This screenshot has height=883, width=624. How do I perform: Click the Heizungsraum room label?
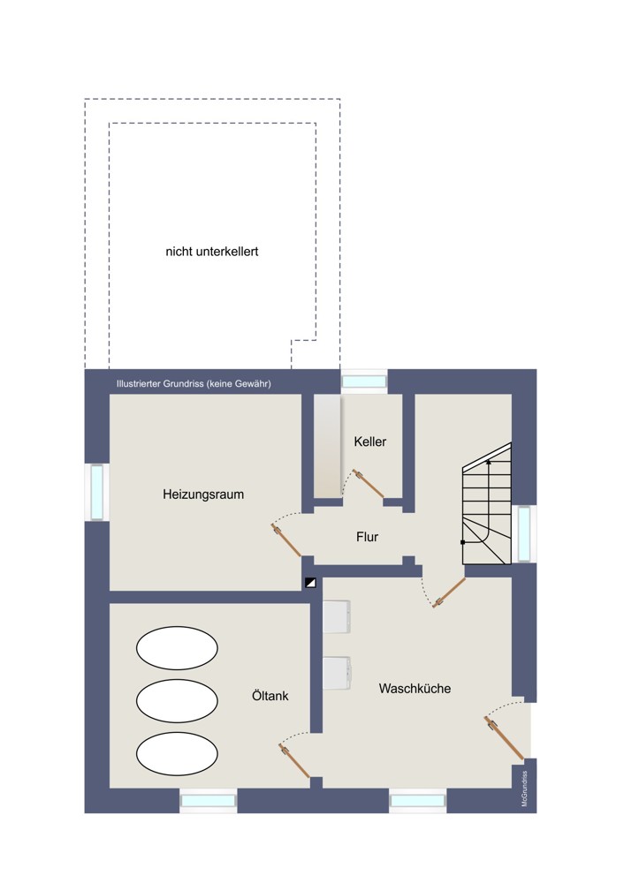tap(203, 494)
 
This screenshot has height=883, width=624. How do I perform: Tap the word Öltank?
tap(270, 696)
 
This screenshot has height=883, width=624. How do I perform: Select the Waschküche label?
tap(415, 688)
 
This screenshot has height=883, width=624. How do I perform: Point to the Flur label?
tap(367, 537)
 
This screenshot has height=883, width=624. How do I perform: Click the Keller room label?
tap(369, 441)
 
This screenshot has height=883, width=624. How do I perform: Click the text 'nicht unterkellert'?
tap(212, 252)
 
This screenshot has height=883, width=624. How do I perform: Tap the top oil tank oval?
tap(177, 648)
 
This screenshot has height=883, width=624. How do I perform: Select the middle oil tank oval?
tap(177, 700)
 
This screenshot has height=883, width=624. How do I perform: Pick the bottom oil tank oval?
tap(177, 753)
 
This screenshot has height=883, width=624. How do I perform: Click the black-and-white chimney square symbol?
tap(310, 583)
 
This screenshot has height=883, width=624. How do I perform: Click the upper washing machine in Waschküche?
tap(337, 616)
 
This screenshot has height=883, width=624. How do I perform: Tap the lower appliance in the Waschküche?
tap(337, 673)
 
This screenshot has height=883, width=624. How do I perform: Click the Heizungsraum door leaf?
tap(285, 540)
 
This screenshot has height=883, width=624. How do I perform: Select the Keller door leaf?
tap(368, 484)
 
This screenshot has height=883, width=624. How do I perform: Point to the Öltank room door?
tap(294, 761)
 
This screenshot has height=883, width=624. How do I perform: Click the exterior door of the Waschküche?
tap(504, 737)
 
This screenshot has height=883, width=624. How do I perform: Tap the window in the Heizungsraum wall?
tap(97, 492)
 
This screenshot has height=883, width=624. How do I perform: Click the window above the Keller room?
tap(364, 381)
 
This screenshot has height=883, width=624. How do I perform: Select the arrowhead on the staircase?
tap(488, 461)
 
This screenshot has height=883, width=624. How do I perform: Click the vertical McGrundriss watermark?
tap(525, 789)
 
